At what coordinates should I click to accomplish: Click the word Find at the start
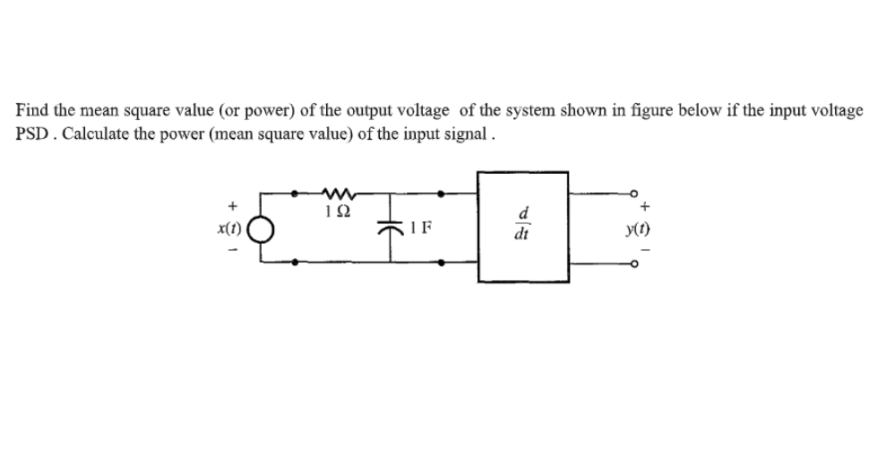click(x=31, y=110)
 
